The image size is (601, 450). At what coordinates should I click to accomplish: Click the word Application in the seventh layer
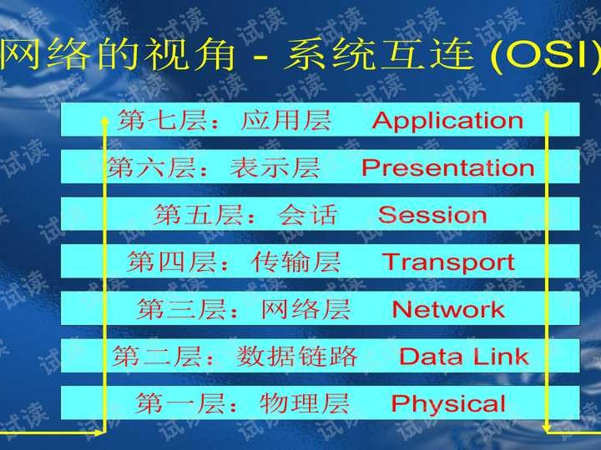tap(447, 121)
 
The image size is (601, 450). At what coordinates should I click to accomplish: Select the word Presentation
tap(447, 168)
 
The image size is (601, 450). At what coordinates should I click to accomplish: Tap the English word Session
tap(432, 215)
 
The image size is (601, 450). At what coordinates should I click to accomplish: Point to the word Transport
tap(448, 262)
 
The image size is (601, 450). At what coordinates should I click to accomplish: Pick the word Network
tap(448, 310)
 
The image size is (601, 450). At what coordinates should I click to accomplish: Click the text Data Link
tap(463, 357)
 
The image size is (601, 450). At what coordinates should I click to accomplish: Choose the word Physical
tap(448, 404)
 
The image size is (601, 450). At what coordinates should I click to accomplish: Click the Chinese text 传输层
tap(295, 262)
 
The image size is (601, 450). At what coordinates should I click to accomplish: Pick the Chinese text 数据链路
tap(296, 357)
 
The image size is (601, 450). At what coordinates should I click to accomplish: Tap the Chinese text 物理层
tap(305, 404)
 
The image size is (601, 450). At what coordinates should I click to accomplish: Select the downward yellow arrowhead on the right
tap(548, 426)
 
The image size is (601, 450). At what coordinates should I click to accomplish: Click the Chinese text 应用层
tap(285, 121)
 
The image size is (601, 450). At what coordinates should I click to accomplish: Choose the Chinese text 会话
tap(307, 215)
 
